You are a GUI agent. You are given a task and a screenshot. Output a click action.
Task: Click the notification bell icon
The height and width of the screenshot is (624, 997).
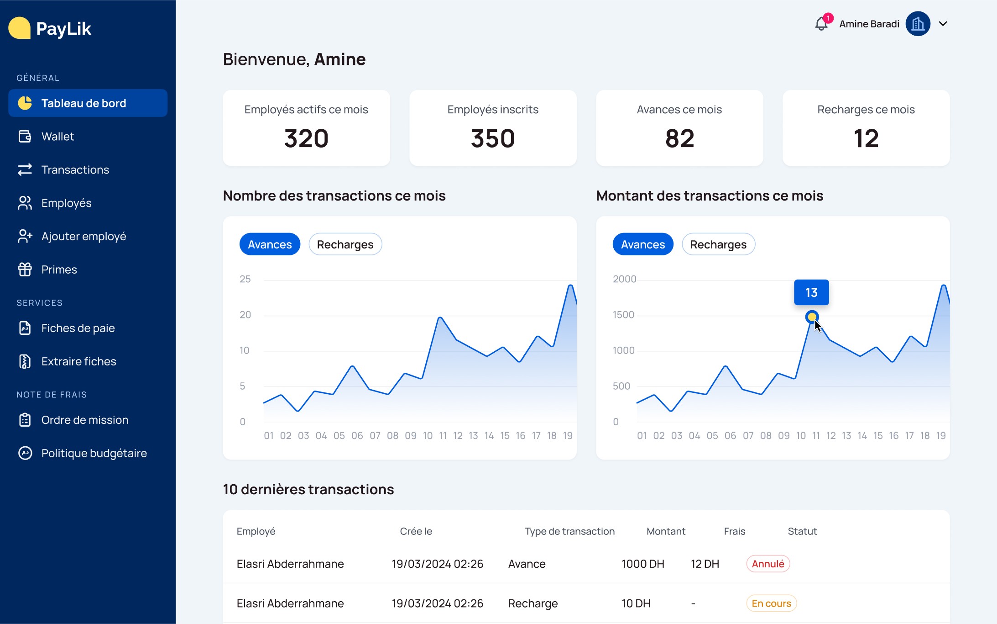click(x=821, y=24)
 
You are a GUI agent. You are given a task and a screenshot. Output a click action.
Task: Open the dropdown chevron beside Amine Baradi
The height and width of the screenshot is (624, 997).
click(x=943, y=24)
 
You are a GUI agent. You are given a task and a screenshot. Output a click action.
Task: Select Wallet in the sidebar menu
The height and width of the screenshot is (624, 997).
click(x=57, y=137)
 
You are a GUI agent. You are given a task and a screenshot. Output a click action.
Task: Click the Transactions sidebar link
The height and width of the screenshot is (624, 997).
click(x=75, y=170)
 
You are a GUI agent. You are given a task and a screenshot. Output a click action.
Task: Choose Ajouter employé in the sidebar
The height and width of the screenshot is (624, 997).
click(x=84, y=237)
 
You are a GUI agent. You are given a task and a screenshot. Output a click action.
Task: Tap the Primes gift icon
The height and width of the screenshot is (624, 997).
click(x=25, y=270)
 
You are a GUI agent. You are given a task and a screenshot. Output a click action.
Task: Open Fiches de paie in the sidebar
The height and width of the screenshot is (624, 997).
click(x=78, y=328)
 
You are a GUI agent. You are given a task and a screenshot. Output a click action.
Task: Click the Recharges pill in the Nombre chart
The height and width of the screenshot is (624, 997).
click(x=345, y=244)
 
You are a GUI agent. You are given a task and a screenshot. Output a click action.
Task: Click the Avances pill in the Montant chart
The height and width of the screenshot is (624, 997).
click(x=643, y=244)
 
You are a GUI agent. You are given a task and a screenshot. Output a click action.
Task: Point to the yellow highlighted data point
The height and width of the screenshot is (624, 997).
click(x=812, y=317)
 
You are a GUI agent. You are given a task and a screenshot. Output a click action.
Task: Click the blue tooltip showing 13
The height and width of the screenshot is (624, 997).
click(x=811, y=292)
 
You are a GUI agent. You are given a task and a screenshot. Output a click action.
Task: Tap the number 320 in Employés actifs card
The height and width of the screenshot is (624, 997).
click(x=306, y=138)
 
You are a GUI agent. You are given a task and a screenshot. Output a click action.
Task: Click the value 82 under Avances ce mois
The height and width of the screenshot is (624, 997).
click(x=679, y=138)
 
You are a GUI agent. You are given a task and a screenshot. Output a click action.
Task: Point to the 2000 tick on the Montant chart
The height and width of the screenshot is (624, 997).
click(x=624, y=279)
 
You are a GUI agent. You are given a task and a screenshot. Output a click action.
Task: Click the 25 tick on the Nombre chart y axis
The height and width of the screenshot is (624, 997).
click(x=245, y=279)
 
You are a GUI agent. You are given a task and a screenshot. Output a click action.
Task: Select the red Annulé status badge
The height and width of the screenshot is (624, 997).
click(x=768, y=564)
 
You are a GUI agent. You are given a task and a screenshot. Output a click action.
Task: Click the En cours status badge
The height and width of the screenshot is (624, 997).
click(x=772, y=603)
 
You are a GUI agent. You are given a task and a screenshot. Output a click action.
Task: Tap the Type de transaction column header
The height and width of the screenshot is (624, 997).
click(x=569, y=531)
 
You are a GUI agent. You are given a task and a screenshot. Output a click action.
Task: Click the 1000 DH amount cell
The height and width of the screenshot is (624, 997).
click(x=643, y=564)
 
